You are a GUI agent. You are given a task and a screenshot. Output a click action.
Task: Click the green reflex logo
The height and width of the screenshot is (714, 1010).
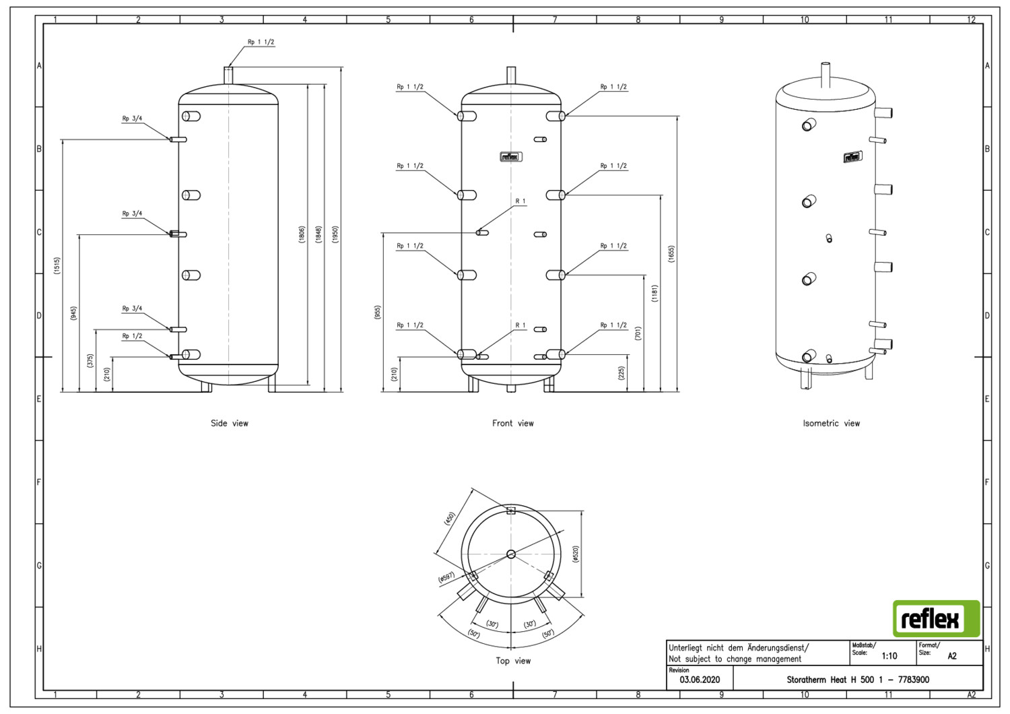tap(937, 618)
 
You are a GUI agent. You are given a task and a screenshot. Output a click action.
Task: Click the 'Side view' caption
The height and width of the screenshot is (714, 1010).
tap(230, 423)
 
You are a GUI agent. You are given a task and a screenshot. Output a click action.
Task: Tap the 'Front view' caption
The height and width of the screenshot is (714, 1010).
tap(512, 423)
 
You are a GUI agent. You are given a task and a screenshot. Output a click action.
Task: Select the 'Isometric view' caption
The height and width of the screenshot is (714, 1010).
tap(831, 423)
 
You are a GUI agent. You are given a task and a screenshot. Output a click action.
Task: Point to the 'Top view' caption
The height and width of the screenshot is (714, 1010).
tap(513, 661)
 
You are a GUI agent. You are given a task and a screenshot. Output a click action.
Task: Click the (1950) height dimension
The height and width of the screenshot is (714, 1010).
tap(335, 234)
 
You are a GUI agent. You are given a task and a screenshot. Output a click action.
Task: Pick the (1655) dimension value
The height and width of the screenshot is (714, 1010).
tap(671, 255)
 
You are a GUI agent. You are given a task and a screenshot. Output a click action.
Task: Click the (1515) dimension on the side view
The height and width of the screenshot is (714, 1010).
tap(57, 265)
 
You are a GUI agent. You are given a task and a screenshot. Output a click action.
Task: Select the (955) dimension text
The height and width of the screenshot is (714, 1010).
tap(377, 313)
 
